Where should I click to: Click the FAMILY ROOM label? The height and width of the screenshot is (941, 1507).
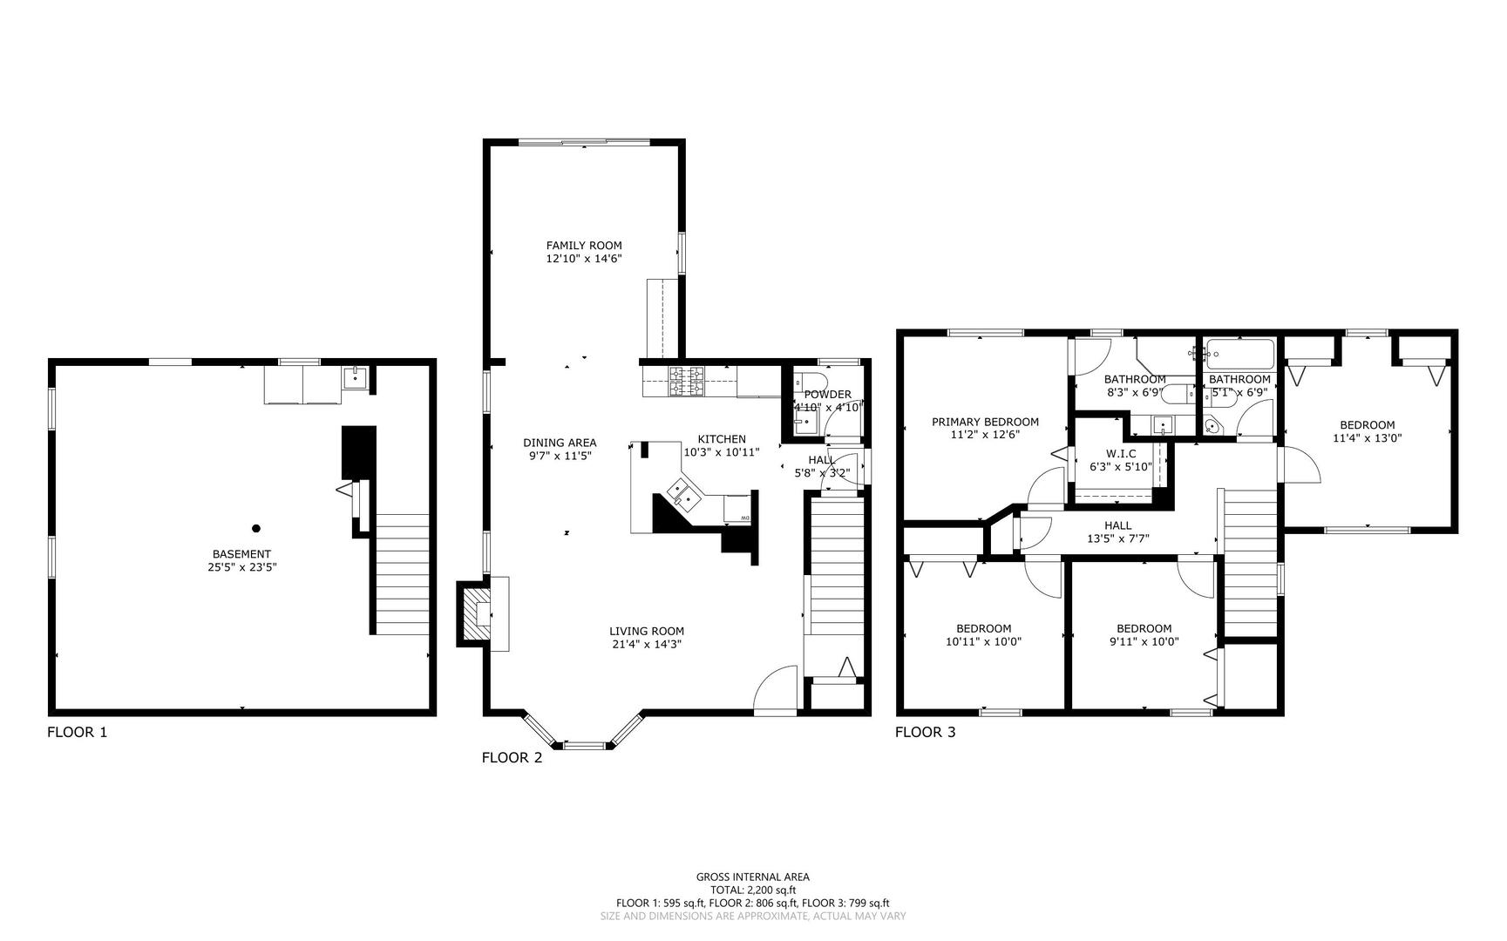pyautogui.click(x=584, y=246)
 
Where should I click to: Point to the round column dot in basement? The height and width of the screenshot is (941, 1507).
pyautogui.click(x=256, y=528)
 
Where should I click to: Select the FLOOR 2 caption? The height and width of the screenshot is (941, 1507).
pyautogui.click(x=512, y=758)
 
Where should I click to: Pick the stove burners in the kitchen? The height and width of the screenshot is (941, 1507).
pyautogui.click(x=686, y=381)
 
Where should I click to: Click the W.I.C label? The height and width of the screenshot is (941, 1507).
pyautogui.click(x=1121, y=454)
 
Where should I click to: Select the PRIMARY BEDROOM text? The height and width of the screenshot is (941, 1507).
pyautogui.click(x=985, y=422)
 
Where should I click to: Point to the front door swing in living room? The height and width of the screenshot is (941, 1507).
pyautogui.click(x=776, y=688)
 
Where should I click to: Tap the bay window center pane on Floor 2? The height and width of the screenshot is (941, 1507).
pyautogui.click(x=583, y=746)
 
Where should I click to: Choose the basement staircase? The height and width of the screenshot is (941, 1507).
pyautogui.click(x=403, y=573)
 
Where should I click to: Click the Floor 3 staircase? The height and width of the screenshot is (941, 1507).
pyautogui.click(x=1249, y=563)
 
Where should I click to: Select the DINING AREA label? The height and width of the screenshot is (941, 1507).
pyautogui.click(x=560, y=443)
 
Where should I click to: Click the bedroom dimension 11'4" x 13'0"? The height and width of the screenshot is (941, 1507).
pyautogui.click(x=1367, y=438)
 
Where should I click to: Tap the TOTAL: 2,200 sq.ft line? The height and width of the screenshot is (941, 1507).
pyautogui.click(x=752, y=890)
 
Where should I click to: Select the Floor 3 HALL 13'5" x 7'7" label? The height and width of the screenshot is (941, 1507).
pyautogui.click(x=1117, y=531)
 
